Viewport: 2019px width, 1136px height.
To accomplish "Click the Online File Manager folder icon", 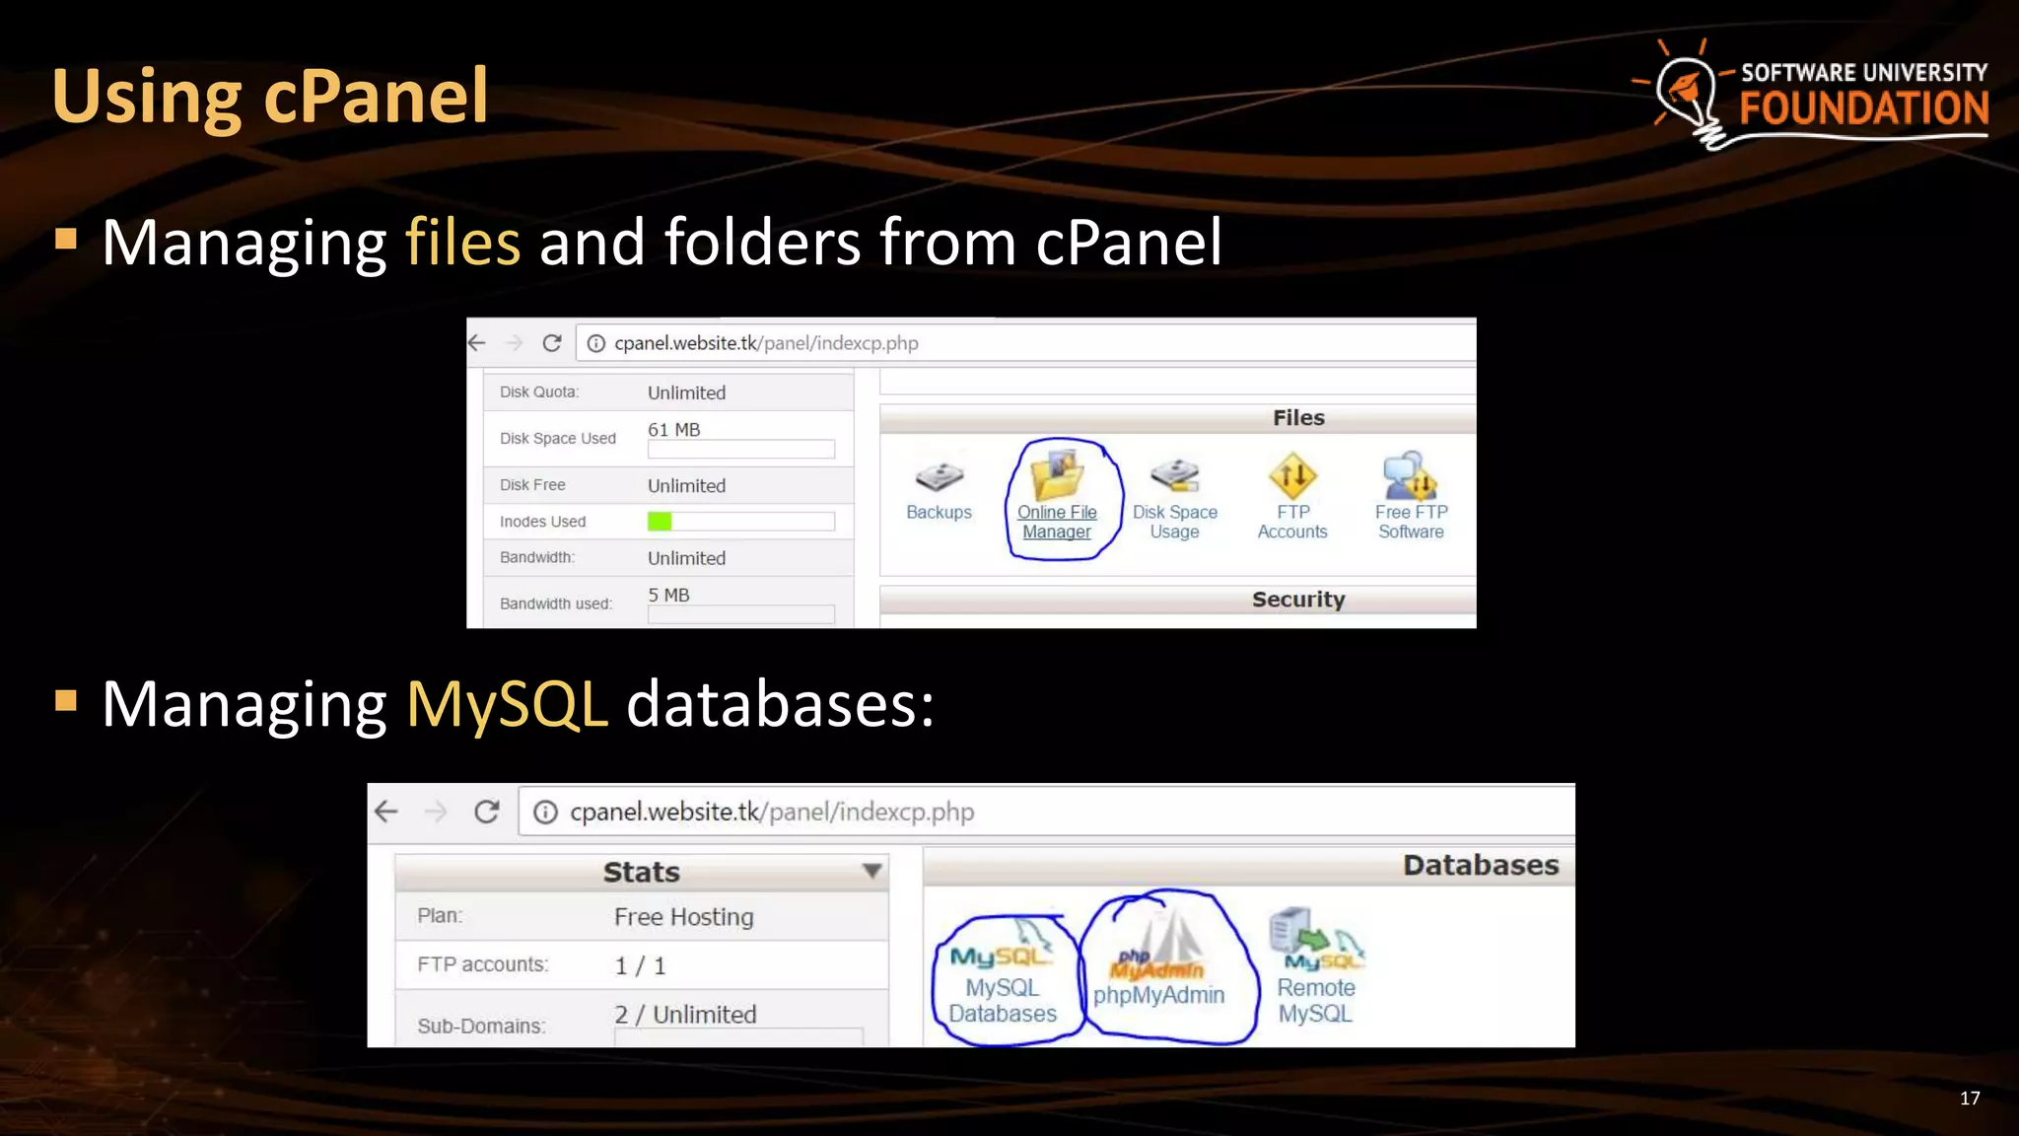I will (1057, 474).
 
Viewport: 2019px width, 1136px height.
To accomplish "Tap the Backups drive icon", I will (939, 477).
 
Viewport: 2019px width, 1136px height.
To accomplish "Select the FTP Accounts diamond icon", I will (1292, 476).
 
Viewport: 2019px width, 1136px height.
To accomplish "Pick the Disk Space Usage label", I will (1174, 522).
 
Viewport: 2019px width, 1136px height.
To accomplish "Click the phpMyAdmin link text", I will (1158, 995).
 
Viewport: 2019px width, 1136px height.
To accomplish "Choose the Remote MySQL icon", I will (1315, 938).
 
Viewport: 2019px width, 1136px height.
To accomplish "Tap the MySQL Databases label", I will (1002, 1000).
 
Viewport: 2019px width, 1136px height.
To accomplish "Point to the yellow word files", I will (462, 243).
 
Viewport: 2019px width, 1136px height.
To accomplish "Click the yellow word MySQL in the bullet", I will (507, 704).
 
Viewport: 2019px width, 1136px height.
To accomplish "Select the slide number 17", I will (1969, 1099).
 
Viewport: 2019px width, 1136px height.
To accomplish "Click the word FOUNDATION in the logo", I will (1863, 108).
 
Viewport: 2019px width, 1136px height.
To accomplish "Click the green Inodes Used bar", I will (660, 522).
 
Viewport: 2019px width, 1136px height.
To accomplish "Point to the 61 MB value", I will (673, 430).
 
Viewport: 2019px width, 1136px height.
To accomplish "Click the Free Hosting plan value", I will (683, 917).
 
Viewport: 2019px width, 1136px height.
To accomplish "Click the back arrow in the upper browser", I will (477, 343).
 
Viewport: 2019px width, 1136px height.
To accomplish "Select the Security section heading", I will (1297, 600).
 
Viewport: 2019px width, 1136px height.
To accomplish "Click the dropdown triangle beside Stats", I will (871, 871).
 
